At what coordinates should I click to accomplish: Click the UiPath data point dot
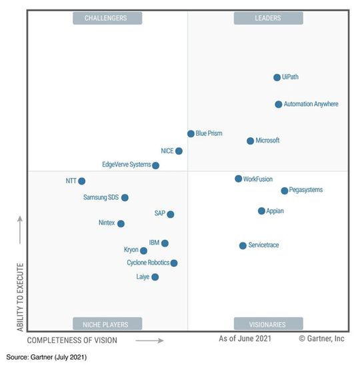pos(277,77)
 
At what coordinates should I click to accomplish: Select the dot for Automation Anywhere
pos(279,105)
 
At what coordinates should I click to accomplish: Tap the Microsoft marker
pos(251,141)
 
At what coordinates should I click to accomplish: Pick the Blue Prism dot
pos(191,134)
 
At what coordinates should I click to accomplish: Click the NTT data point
pos(81,181)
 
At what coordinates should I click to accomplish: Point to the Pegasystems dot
pos(285,190)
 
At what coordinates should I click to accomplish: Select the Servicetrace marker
pos(243,246)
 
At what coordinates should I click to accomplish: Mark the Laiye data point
pos(155,277)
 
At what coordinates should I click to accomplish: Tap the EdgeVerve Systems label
pos(126,165)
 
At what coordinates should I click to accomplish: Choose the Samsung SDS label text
pos(101,198)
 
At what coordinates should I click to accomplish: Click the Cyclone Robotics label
pos(148,263)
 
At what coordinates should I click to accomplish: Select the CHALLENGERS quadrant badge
pos(105,18)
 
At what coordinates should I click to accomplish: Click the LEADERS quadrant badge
pos(267,18)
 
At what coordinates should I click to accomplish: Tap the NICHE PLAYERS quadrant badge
pos(105,324)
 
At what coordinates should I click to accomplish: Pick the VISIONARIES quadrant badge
pos(267,324)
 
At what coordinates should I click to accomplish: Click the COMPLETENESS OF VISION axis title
pos(72,340)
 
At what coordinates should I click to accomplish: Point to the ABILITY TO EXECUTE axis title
pos(20,297)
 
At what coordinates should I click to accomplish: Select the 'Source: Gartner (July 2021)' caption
pos(47,358)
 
